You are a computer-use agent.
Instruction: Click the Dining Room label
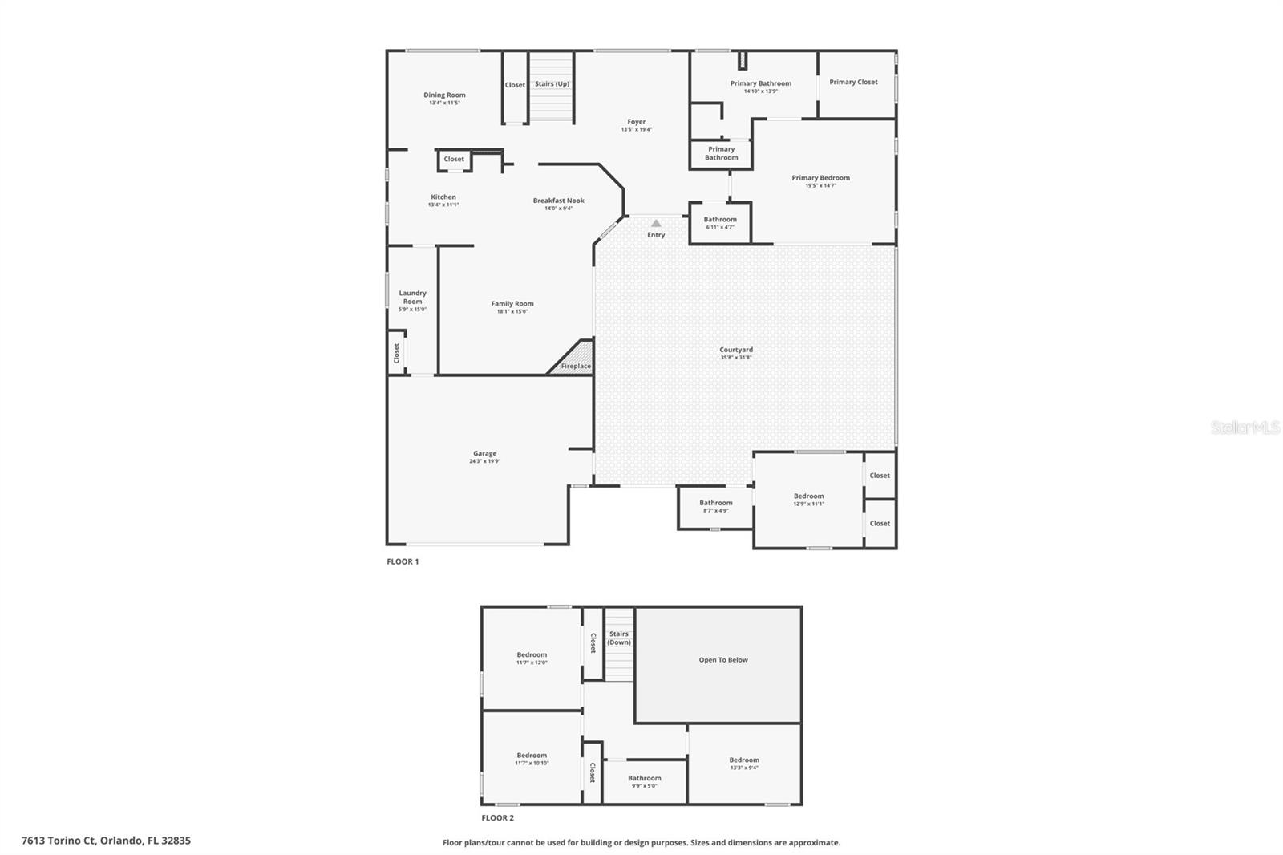tap(444, 95)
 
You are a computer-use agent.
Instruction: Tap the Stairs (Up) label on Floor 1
tap(552, 84)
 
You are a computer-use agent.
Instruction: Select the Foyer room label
tap(637, 122)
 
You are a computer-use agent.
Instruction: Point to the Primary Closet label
tap(853, 82)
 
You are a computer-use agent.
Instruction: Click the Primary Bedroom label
tap(820, 178)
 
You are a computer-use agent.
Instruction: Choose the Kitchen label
tap(443, 197)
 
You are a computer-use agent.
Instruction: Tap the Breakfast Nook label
tap(559, 201)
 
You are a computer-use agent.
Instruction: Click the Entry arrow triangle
tap(656, 224)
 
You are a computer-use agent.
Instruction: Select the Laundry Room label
tap(412, 298)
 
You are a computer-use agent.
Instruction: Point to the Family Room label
tap(512, 304)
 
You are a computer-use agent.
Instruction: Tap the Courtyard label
tap(736, 350)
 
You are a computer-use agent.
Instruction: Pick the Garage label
tap(484, 454)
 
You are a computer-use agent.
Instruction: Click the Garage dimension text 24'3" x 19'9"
tap(484, 462)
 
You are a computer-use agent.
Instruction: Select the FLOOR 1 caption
tap(403, 561)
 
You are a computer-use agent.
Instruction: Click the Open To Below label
tap(723, 660)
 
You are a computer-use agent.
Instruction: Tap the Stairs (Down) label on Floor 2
tap(619, 638)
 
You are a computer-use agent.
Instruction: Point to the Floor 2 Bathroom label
tap(645, 778)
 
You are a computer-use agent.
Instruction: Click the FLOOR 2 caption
tap(497, 818)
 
